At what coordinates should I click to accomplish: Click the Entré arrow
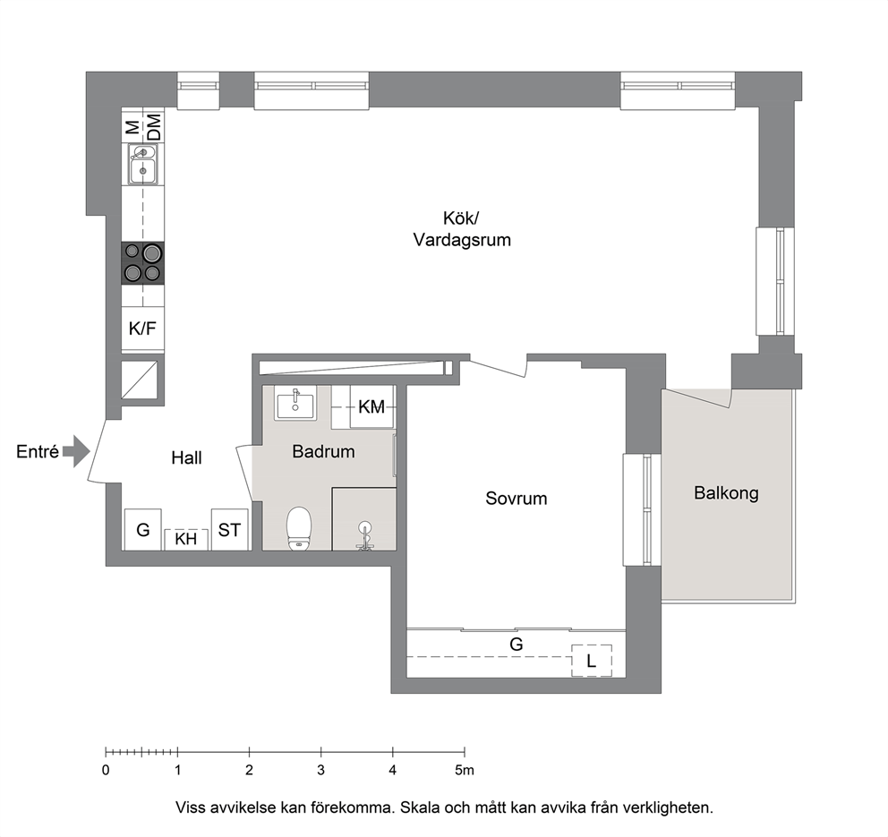point(76,451)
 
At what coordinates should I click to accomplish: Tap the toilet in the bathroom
point(299,528)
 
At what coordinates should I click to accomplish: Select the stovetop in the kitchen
point(142,263)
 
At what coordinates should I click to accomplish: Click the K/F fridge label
point(142,329)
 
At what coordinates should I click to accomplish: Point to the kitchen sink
point(142,164)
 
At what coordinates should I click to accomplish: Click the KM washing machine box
point(371,406)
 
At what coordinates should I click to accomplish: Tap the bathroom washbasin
point(295,404)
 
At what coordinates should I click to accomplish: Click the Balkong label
point(726,493)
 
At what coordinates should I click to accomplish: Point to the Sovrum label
point(516,499)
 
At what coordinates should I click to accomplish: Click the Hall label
point(186,457)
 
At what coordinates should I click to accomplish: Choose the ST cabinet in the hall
point(229,529)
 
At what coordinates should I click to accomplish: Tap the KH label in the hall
point(186,539)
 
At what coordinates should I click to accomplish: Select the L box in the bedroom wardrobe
point(591,661)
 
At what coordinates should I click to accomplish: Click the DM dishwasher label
point(154,127)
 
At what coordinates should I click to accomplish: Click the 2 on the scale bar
point(249,770)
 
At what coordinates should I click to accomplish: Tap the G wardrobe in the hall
point(142,529)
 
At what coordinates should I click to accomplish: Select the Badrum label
point(323,451)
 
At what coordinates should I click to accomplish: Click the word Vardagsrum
point(462,240)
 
